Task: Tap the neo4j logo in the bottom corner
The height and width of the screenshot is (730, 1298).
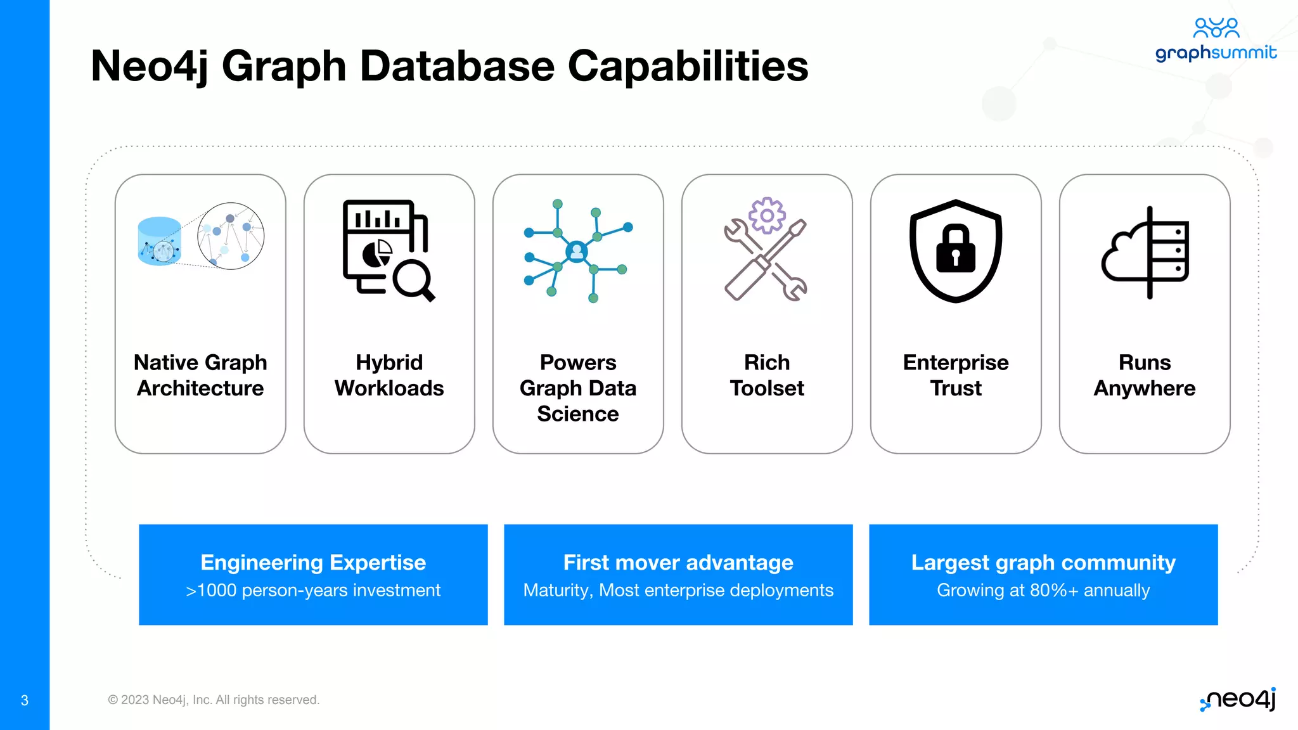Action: click(x=1238, y=700)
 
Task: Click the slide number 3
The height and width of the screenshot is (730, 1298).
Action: click(x=25, y=700)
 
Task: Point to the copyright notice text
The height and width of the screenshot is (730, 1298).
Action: click(x=214, y=700)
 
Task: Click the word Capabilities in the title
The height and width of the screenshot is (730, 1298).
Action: click(x=688, y=66)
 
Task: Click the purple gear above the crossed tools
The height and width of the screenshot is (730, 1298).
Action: click(x=767, y=215)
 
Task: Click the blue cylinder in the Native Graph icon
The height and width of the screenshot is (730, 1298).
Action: click(x=159, y=241)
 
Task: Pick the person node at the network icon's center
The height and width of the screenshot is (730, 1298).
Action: click(x=577, y=252)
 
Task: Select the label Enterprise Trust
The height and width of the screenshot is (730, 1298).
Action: click(x=956, y=375)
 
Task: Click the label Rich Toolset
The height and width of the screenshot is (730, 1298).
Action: click(x=767, y=375)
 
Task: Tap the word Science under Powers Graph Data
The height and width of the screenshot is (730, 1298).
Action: click(x=578, y=414)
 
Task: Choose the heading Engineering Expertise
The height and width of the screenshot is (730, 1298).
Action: click(x=313, y=562)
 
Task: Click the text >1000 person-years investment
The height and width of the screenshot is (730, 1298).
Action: click(x=313, y=590)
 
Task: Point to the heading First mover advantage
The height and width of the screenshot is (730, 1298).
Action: click(x=678, y=562)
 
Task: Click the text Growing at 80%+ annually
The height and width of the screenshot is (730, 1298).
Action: click(x=1043, y=590)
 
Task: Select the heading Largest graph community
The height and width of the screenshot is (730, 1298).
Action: click(x=1043, y=562)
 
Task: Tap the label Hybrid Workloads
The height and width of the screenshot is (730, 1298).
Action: click(x=389, y=375)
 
